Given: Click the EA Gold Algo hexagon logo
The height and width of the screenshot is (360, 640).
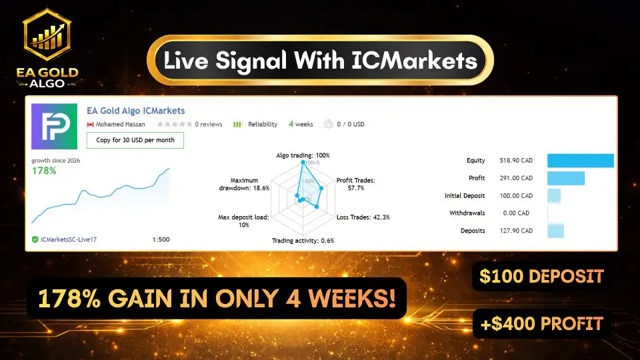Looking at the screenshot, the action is [47, 35].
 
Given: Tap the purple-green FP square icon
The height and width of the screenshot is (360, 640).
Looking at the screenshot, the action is [54, 126].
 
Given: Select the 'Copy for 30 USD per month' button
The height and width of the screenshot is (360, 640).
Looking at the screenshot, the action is [135, 140].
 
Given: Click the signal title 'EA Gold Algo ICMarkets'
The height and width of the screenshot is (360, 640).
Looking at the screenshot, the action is [135, 111].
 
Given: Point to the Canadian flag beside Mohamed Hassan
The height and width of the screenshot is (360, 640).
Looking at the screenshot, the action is [90, 125].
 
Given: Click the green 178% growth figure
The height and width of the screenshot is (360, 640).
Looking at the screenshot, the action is [44, 171].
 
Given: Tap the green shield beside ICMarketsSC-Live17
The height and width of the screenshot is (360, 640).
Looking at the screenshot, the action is [35, 239].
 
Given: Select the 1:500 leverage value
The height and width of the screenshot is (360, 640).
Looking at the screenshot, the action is [161, 239].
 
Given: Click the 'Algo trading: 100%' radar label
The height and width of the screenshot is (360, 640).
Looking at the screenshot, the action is [303, 155].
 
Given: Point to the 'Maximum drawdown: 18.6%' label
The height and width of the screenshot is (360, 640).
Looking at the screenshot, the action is [244, 184].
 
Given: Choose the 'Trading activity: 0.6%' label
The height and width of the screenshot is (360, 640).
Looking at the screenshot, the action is [303, 241].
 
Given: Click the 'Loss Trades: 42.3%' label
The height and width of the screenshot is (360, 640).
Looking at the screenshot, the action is [363, 217].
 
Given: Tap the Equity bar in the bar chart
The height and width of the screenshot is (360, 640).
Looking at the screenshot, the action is [581, 161].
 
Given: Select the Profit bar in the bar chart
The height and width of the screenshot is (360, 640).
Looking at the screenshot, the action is [566, 178].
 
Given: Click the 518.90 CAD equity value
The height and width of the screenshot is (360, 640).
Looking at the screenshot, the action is [516, 161].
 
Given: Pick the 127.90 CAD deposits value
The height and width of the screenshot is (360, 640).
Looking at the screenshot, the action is [516, 231].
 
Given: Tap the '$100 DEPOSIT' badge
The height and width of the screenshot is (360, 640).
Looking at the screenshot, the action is [541, 276].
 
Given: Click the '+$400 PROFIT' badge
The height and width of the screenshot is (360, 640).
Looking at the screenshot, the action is [541, 324].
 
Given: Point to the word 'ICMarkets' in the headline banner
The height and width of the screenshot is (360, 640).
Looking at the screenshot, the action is [414, 61].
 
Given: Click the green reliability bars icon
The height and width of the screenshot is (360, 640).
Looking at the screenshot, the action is [237, 125].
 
